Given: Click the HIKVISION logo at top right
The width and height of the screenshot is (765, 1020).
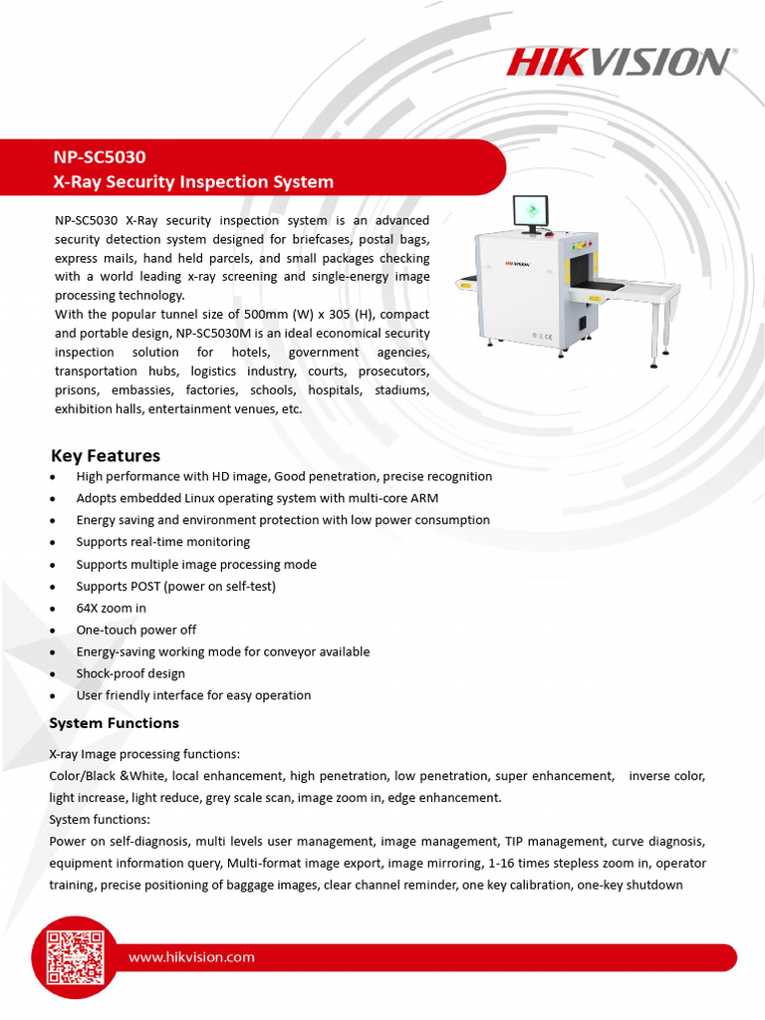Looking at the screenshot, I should coord(619,62).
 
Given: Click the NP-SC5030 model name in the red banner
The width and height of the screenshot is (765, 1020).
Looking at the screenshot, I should coord(100,156).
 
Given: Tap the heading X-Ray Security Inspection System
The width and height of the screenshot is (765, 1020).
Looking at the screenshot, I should coord(193,181).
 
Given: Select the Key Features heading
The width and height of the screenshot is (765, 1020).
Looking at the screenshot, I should coord(106,455).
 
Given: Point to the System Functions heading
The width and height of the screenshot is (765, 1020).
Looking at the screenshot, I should coord(115,723).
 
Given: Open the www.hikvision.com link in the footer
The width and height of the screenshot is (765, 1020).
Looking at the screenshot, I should coord(191,957).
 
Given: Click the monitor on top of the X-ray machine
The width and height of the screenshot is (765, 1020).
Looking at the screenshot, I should coord(532,212).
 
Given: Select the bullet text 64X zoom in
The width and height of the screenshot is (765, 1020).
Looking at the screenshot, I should coord(111,608).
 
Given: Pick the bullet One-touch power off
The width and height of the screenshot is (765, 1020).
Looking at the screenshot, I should coord(135,630).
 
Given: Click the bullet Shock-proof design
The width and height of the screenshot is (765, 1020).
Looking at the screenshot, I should coord(130,673).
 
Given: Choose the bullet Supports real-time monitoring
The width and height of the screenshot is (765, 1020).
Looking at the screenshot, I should coord(162,542).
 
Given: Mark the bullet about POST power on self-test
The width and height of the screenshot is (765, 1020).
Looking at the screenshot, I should coord(175,586).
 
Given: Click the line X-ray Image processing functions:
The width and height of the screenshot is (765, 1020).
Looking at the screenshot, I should coord(144,753).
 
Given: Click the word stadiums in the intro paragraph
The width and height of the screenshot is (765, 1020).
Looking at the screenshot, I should coord(401,390).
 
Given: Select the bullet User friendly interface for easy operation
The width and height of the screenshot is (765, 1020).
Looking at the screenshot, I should coord(193,695).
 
